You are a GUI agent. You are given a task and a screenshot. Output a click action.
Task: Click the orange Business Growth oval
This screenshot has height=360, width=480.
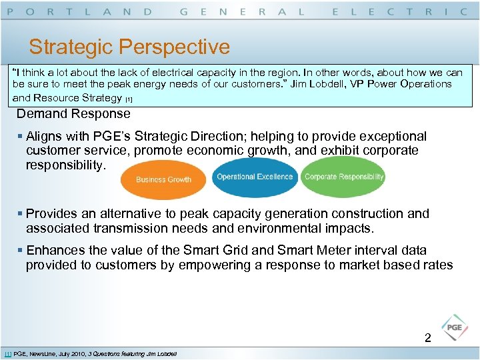coord(163,179)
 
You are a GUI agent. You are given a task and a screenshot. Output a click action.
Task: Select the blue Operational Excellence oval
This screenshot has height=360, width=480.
coord(255,177)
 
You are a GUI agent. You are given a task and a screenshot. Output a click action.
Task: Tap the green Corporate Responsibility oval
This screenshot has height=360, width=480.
coord(343,177)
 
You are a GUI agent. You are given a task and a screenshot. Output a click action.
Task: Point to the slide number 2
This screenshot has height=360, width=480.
coord(428,338)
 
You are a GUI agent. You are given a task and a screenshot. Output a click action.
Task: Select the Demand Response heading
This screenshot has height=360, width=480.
coord(73,113)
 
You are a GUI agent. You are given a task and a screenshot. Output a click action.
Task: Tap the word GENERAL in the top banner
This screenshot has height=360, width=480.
coord(243,11)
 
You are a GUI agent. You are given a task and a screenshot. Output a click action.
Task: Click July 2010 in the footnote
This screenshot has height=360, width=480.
coord(73,353)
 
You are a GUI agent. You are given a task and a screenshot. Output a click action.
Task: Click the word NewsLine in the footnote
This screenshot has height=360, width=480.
coord(44,353)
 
